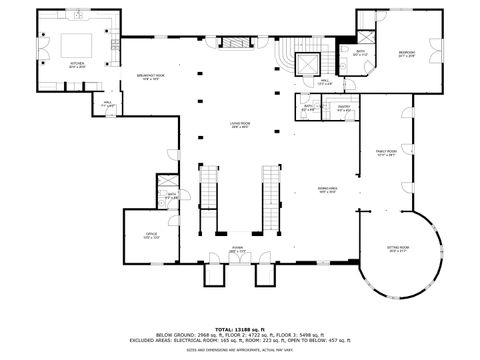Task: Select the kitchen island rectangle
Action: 78,45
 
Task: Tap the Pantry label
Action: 342,107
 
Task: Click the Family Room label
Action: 386,152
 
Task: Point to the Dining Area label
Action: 327,190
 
